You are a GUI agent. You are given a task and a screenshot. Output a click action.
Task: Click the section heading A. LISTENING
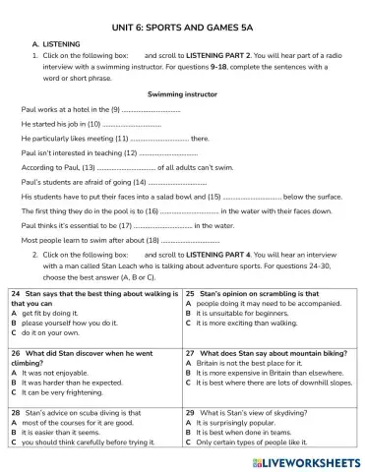(69, 44)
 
